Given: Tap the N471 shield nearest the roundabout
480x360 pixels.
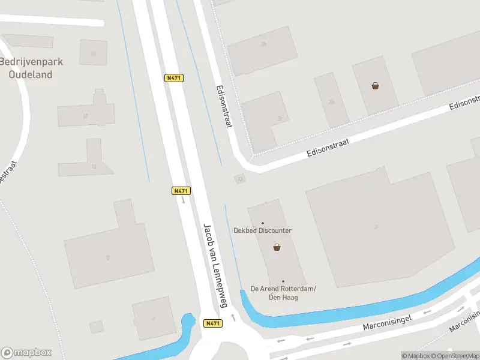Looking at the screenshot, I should coord(212,323).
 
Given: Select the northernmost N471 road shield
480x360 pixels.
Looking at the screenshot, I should coord(174,78).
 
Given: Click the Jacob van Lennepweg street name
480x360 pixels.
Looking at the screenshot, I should coord(215,266).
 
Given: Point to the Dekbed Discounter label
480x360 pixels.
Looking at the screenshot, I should coord(263,230).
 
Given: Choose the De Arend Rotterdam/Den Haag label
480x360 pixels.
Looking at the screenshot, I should coord(283,293).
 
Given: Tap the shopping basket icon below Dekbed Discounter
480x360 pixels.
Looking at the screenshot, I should coord(277,247).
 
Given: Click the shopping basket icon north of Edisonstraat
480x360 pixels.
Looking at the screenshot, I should coord(375,86).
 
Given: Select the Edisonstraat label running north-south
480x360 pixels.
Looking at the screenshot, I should coord(224,106).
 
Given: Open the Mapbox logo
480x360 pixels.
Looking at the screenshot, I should coord(26,352).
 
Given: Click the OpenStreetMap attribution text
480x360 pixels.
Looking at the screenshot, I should coord(454,356).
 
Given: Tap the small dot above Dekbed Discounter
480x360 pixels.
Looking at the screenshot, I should coord(263,223).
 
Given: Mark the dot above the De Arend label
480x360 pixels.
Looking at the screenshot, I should coord(283,281).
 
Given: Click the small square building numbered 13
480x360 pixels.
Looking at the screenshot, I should coord(240,179).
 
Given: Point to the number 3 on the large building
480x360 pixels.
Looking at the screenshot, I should coord(376,227).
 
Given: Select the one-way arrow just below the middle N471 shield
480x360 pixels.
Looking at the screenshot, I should coord(184,200).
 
